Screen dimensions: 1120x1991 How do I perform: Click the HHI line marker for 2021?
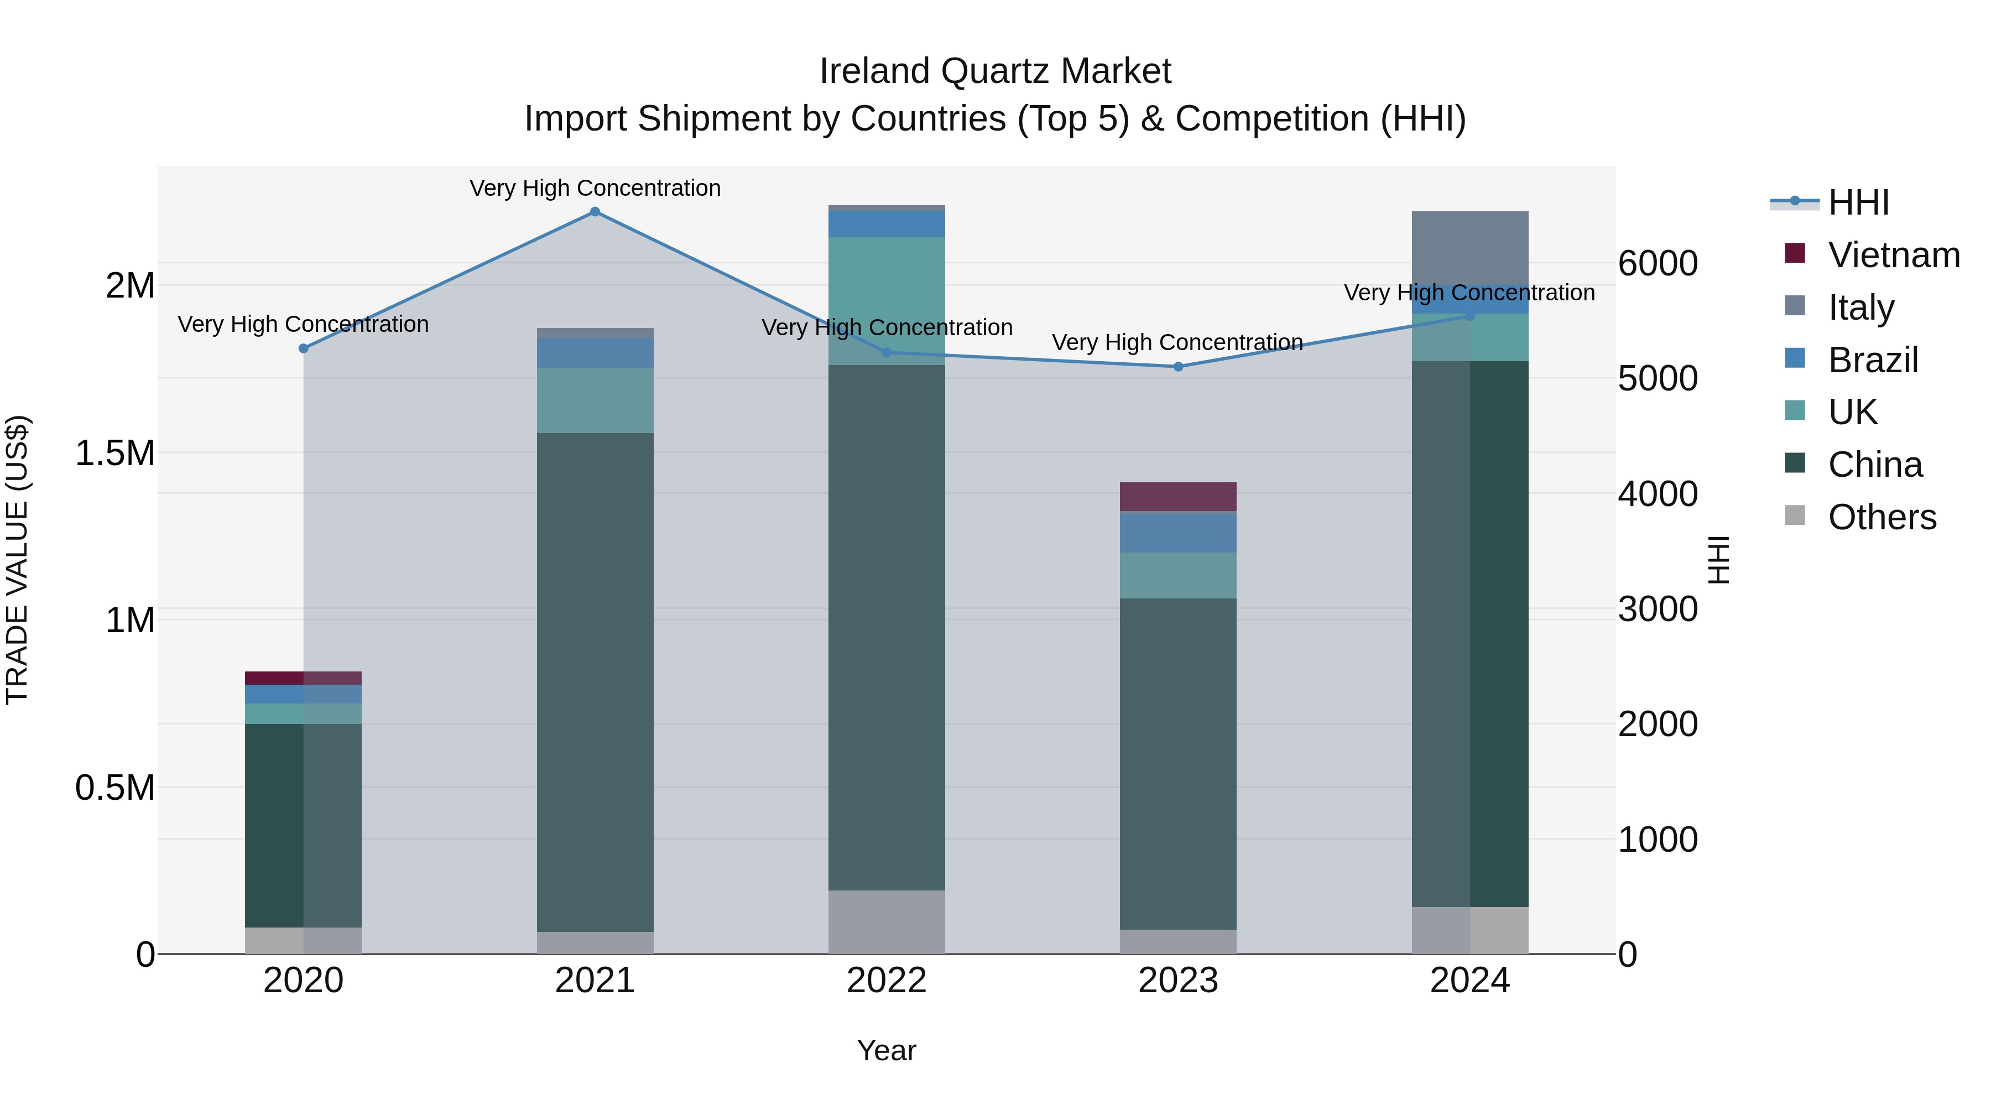pyautogui.click(x=595, y=212)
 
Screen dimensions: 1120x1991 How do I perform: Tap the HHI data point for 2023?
pyautogui.click(x=1178, y=366)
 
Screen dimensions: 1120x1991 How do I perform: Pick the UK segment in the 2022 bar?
pyautogui.click(x=887, y=301)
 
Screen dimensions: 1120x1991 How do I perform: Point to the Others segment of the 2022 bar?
pyautogui.click(x=887, y=921)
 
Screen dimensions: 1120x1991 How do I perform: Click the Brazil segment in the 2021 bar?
pyautogui.click(x=595, y=352)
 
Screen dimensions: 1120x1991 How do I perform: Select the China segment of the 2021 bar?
pyautogui.click(x=595, y=680)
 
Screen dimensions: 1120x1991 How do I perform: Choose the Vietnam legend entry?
pyautogui.click(x=1893, y=255)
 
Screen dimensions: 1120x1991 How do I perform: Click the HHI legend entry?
pyautogui.click(x=1858, y=202)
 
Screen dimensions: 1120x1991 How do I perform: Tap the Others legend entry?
pyautogui.click(x=1881, y=517)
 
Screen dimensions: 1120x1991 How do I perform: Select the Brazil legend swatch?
pyautogui.click(x=1795, y=358)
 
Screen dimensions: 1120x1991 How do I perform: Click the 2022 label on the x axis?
pyautogui.click(x=887, y=981)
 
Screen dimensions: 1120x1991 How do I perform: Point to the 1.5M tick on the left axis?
pyautogui.click(x=115, y=453)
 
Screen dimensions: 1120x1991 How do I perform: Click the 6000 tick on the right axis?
pyautogui.click(x=1658, y=264)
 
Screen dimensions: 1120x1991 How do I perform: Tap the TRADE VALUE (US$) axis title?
pyautogui.click(x=18, y=560)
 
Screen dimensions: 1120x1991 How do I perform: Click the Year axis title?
pyautogui.click(x=887, y=1050)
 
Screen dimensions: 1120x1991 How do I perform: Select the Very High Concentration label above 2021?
pyautogui.click(x=595, y=188)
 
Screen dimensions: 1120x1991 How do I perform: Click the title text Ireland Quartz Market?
pyautogui.click(x=995, y=71)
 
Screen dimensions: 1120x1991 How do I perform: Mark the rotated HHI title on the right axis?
pyautogui.click(x=1717, y=560)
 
